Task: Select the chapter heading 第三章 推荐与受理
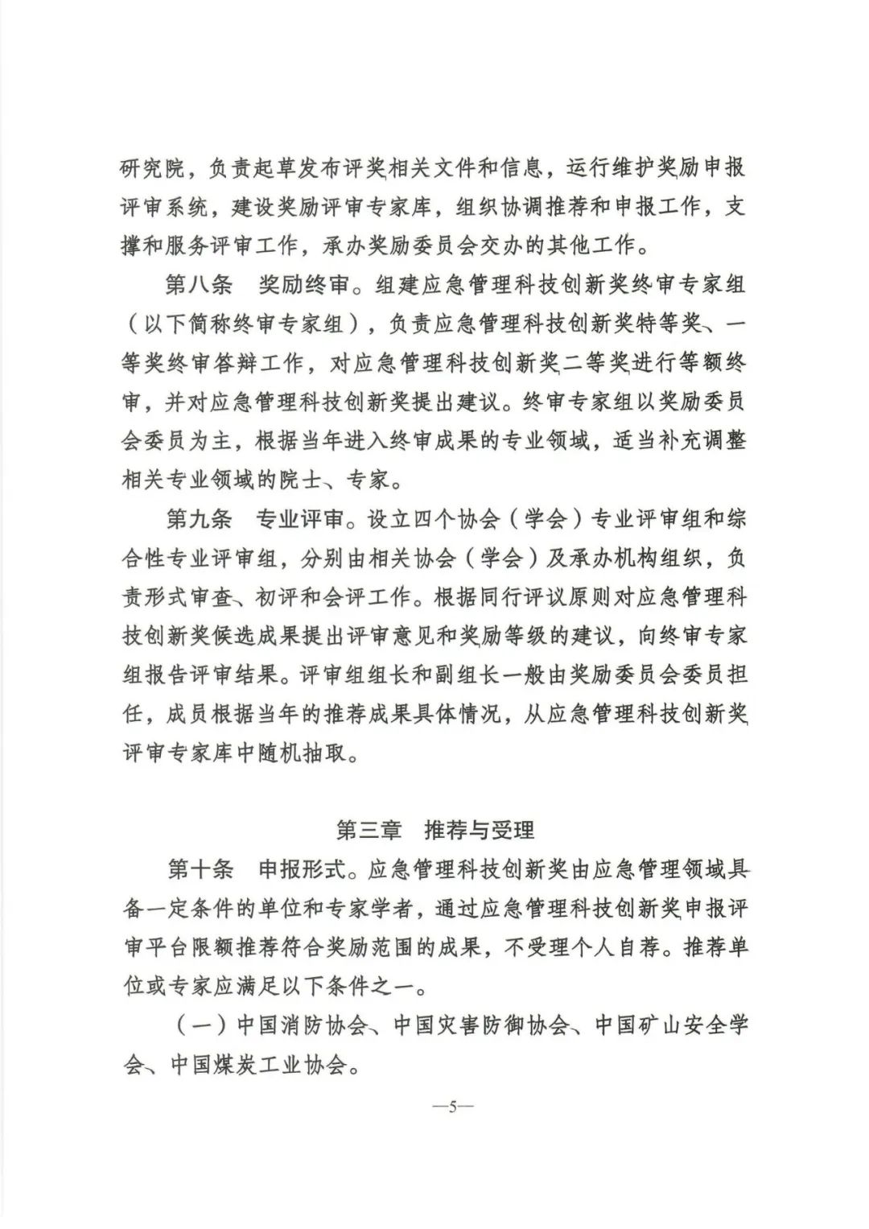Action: pos(434,830)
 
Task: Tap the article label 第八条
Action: pos(199,285)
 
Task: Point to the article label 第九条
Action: pos(199,518)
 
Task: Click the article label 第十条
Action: pos(199,869)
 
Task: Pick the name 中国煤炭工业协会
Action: pos(257,1065)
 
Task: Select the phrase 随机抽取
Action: pos(315,753)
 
